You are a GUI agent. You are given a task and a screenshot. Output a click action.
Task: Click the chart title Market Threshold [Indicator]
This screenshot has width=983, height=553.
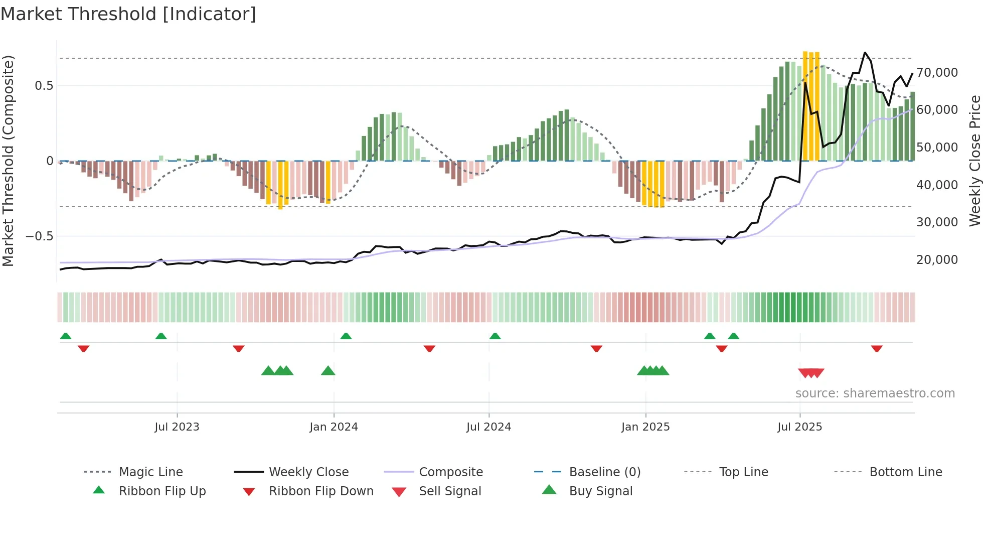click(x=128, y=14)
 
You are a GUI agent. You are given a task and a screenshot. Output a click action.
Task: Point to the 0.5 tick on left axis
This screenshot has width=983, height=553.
click(x=44, y=86)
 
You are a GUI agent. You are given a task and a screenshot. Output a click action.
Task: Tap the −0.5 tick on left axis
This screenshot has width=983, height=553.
click(x=40, y=236)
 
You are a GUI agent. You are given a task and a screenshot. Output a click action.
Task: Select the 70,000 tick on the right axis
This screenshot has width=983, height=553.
click(x=937, y=73)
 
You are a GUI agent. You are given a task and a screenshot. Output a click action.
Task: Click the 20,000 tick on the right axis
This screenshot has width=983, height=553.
click(x=937, y=260)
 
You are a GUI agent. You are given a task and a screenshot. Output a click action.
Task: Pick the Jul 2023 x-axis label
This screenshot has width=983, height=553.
click(x=177, y=427)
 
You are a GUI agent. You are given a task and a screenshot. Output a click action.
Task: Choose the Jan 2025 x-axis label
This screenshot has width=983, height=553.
click(x=645, y=427)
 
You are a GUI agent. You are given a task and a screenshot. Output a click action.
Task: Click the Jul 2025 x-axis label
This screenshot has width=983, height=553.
click(x=799, y=427)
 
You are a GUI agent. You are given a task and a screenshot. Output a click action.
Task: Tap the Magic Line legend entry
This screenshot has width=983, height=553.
click(x=150, y=472)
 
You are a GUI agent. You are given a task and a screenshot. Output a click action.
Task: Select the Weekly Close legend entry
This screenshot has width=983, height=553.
click(x=308, y=472)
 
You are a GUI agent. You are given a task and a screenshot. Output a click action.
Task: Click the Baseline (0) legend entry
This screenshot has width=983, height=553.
click(x=604, y=472)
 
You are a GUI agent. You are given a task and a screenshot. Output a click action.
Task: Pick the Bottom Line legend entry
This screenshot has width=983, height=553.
click(x=905, y=472)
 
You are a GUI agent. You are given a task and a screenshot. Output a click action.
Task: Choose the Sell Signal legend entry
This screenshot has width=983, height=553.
click(x=450, y=491)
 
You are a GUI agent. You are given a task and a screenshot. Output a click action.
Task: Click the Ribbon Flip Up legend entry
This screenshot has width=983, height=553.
click(x=162, y=491)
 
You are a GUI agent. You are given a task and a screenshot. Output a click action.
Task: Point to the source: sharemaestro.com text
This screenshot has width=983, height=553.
click(x=875, y=393)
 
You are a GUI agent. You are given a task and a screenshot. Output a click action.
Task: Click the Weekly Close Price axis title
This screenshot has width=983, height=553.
click(x=974, y=161)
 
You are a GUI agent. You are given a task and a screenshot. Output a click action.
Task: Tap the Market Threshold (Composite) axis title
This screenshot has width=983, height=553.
click(x=8, y=161)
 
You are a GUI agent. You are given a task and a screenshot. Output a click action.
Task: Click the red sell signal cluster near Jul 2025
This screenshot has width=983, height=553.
click(x=811, y=373)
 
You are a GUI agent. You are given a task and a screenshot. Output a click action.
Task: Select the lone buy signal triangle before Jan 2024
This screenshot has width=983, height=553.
click(x=328, y=371)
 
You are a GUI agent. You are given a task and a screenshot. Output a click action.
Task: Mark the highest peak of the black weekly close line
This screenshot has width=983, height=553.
click(x=865, y=52)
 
